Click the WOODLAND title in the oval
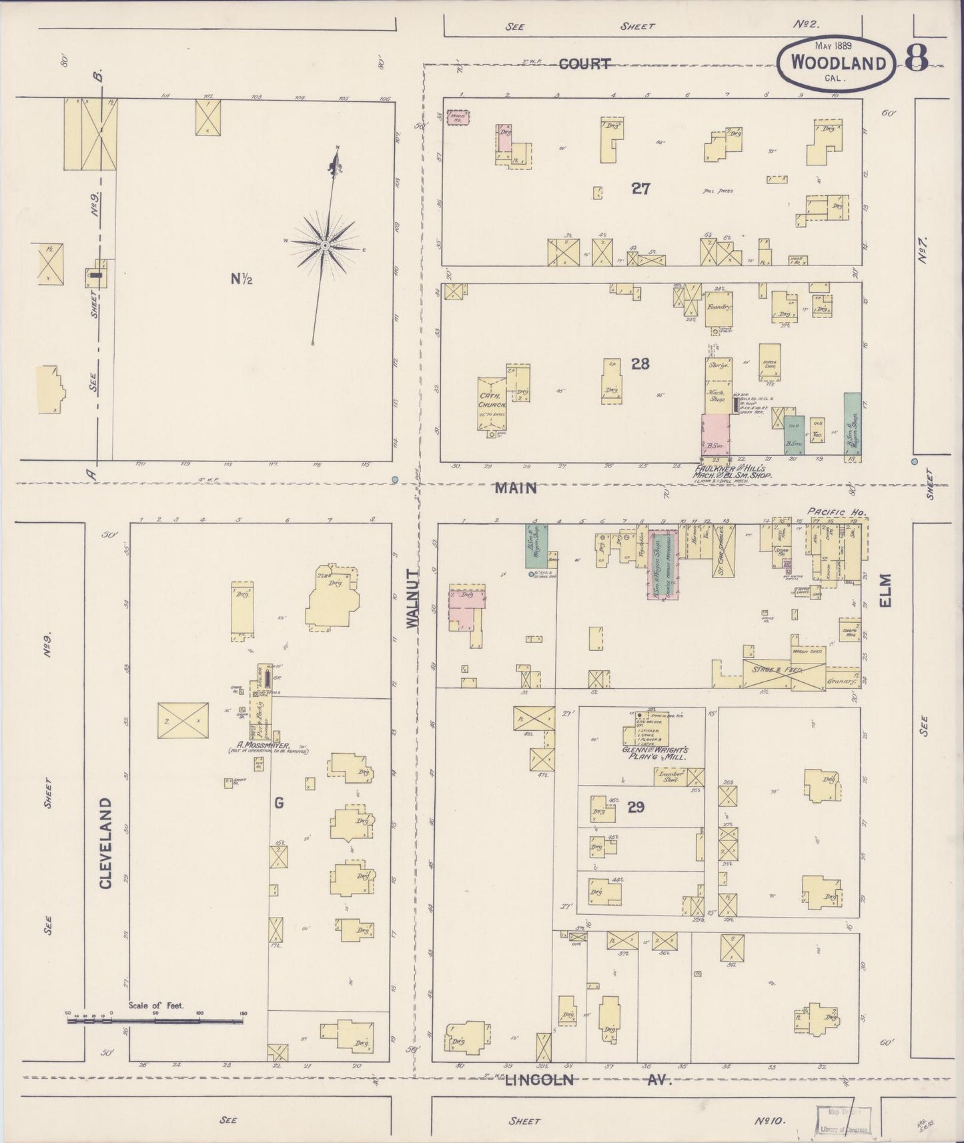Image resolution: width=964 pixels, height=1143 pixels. point(839,64)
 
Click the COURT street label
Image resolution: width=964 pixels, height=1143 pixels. point(584,64)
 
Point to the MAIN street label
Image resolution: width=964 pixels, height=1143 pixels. point(516,488)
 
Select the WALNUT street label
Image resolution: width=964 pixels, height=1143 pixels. point(414,598)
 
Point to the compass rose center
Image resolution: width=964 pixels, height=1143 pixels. point(324,246)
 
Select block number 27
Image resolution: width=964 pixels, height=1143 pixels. point(640,189)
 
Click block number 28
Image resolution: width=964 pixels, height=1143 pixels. point(640,364)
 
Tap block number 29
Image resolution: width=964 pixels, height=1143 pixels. point(636,807)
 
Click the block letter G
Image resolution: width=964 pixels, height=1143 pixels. point(278,803)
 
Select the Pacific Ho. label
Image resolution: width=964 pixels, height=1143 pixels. point(837,512)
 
